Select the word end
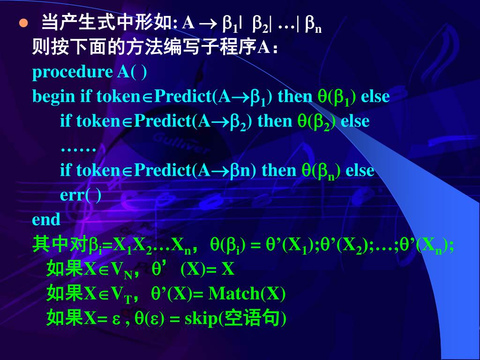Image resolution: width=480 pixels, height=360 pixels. pos(46,219)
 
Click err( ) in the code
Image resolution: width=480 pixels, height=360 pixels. pos(81,195)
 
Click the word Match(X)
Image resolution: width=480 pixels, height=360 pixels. pos(247,294)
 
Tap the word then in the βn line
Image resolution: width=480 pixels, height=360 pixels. pos(279,170)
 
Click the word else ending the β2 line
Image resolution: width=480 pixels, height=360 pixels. pos(355,121)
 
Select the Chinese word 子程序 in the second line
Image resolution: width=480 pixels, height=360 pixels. pos(230,47)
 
